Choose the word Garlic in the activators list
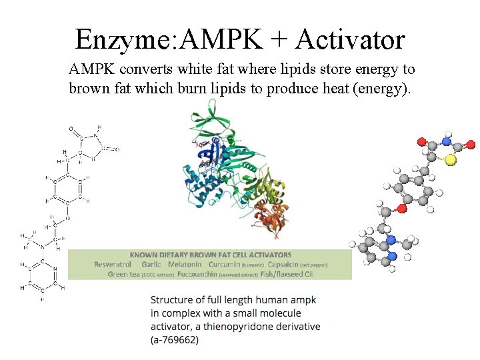[151, 264]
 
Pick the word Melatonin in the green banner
[184, 264]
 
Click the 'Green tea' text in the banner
[123, 273]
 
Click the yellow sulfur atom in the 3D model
[452, 159]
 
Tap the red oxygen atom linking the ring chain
[401, 209]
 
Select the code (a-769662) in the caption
[175, 339]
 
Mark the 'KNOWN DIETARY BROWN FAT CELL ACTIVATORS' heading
[210, 255]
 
